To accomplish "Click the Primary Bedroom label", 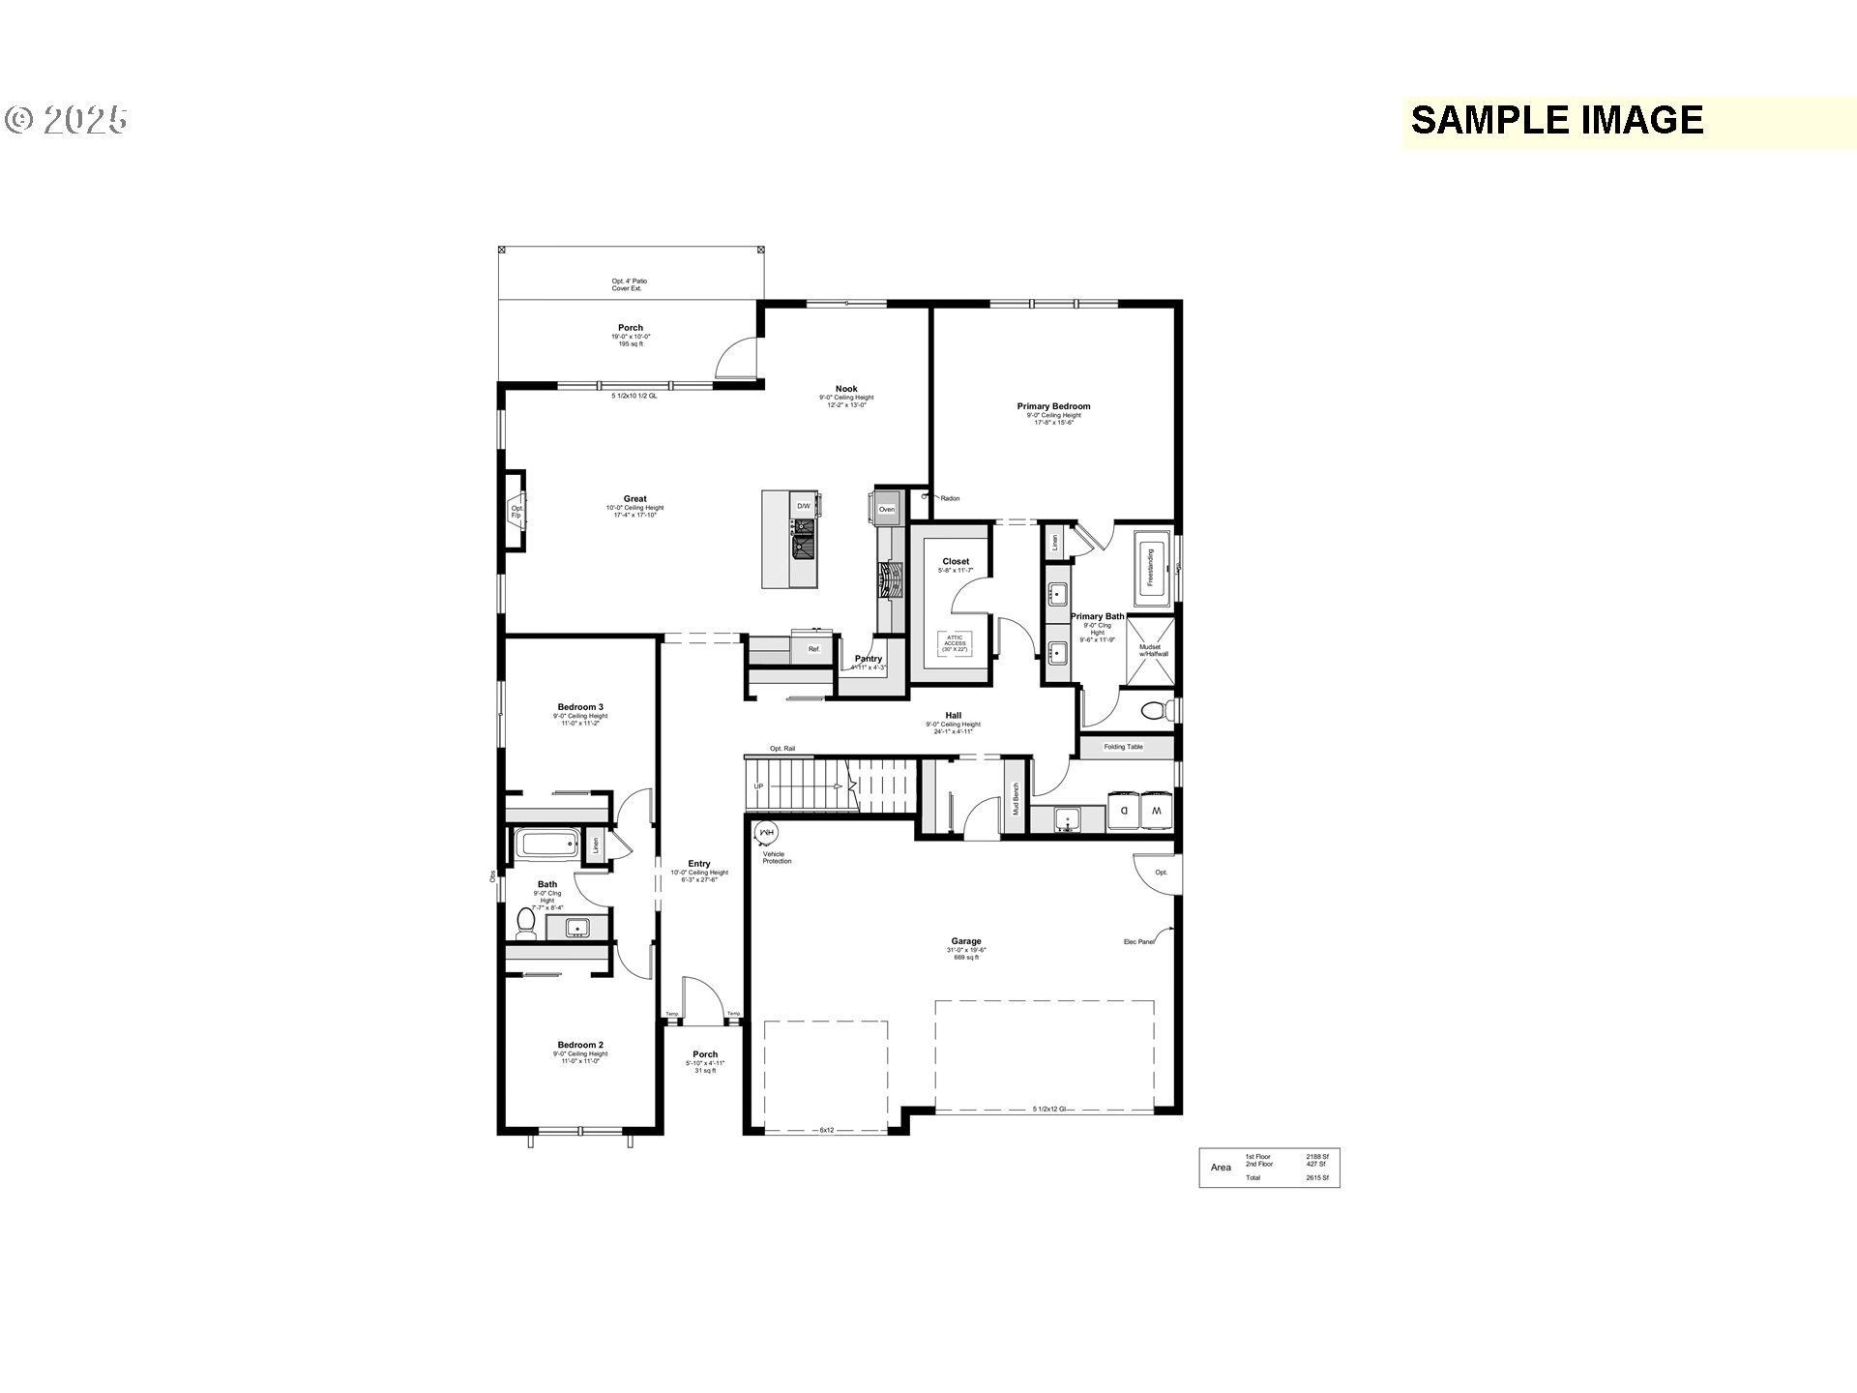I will point(1053,406).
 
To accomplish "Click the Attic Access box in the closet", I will point(955,643).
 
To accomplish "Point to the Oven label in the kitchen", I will point(886,509).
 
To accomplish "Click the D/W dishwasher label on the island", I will point(803,506).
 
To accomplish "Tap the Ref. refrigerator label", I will point(813,649).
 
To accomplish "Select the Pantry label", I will point(869,659).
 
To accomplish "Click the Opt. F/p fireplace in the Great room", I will point(516,511).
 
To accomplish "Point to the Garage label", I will point(965,941).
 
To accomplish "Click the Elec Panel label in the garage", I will point(1138,941).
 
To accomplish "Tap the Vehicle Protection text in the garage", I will point(777,857).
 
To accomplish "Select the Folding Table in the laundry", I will point(1123,747).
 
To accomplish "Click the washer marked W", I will point(1156,811).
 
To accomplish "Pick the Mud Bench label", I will point(1016,799).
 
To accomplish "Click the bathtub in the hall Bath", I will point(546,844).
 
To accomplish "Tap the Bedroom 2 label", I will point(580,1045).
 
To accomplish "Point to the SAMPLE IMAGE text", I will point(1556,120).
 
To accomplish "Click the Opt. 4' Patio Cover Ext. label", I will point(629,284).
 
